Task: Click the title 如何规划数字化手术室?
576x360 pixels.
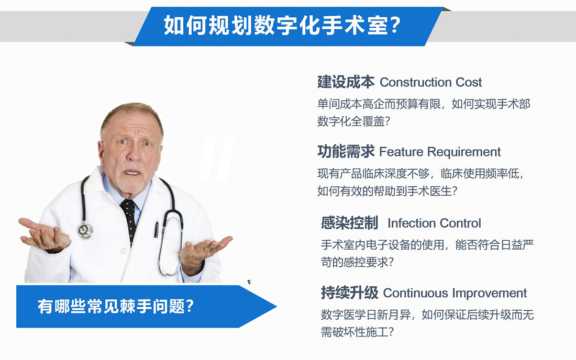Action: tap(282, 25)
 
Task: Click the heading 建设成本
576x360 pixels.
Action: tap(346, 82)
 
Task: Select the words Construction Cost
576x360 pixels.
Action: tap(430, 82)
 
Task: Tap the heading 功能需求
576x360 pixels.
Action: tap(346, 152)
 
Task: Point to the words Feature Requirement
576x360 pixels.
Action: tap(440, 152)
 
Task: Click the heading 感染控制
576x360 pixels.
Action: tap(349, 223)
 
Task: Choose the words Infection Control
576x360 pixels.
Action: tap(434, 223)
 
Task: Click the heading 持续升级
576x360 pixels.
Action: tap(349, 293)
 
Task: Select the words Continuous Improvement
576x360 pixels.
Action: tap(455, 293)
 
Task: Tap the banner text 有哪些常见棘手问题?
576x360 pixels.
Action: tap(116, 307)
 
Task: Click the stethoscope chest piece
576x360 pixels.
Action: tap(85, 231)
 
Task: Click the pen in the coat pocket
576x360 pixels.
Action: tap(157, 229)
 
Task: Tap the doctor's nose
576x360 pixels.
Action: tap(134, 153)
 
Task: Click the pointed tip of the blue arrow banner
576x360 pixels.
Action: tap(276, 307)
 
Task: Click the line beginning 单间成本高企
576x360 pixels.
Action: tap(424, 104)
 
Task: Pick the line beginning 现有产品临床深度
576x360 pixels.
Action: tap(420, 174)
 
